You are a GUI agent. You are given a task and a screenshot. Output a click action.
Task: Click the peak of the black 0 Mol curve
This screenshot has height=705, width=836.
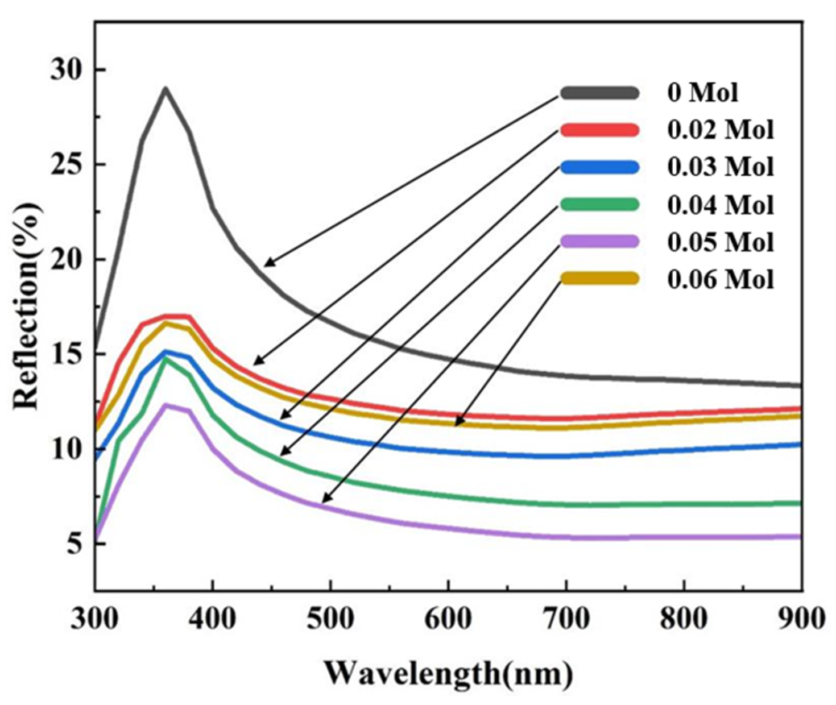(165, 89)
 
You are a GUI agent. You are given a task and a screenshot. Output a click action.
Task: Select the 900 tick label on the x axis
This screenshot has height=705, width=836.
(801, 618)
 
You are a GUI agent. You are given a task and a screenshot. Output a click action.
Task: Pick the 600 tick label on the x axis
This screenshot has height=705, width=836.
(448, 618)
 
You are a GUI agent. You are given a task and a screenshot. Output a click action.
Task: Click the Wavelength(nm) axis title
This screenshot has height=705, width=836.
(448, 674)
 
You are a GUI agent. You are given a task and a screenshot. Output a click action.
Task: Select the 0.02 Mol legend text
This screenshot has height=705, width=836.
(721, 130)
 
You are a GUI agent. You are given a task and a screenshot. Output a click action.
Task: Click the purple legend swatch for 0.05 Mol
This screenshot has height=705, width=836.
(599, 242)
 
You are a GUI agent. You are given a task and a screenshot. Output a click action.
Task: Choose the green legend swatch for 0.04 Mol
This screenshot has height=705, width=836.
(599, 204)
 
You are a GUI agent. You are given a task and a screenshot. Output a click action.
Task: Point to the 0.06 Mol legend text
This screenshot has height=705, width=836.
(721, 279)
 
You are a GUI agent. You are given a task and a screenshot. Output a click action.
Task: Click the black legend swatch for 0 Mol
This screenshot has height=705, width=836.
(599, 93)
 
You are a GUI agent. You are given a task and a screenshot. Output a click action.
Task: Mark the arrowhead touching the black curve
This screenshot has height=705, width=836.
(266, 265)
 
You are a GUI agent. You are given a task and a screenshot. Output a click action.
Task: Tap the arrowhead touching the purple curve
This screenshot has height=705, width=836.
(324, 501)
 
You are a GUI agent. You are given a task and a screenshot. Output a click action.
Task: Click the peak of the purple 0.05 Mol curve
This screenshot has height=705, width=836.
(165, 405)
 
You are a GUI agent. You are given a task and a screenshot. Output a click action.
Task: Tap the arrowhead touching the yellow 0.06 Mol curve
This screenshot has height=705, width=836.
(456, 424)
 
